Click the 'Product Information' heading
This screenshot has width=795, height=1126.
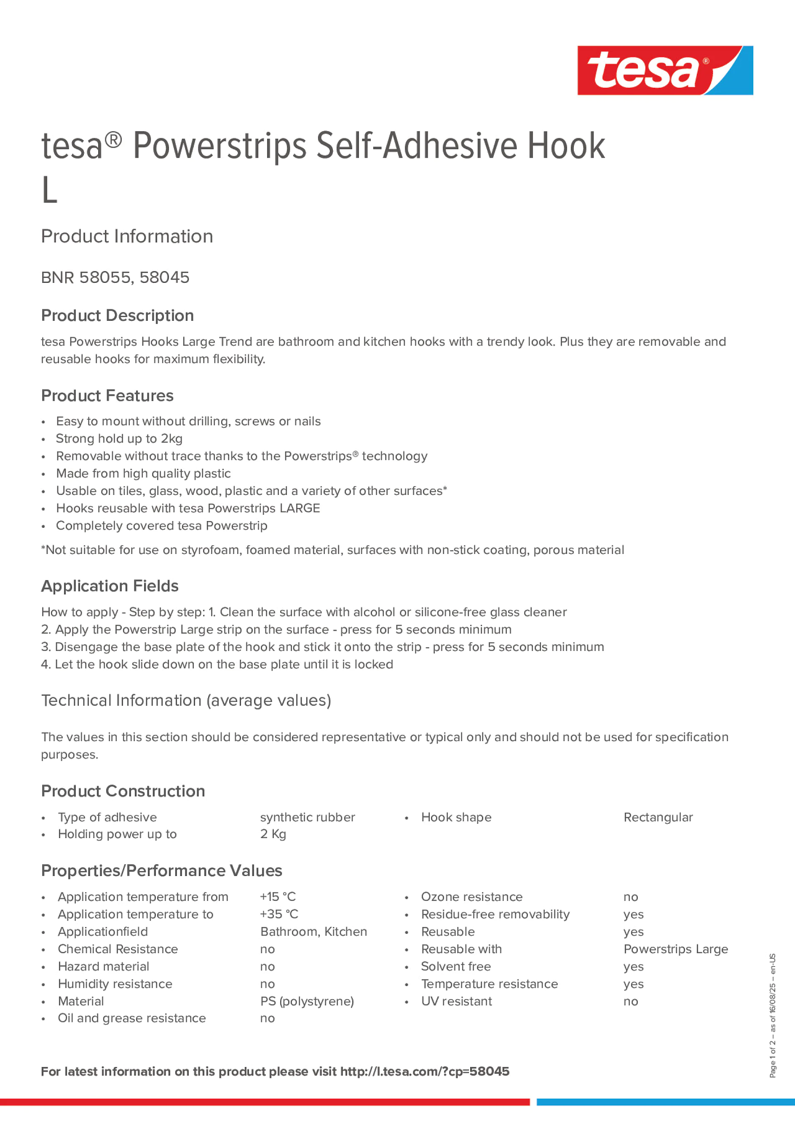[127, 236]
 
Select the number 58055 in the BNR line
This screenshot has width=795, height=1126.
[105, 277]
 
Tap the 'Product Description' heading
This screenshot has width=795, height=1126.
[117, 315]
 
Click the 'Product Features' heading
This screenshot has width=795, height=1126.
[107, 396]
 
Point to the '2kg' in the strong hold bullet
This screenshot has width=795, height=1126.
[171, 439]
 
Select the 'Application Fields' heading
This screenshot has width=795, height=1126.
[110, 586]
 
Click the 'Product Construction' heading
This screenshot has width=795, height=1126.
[123, 791]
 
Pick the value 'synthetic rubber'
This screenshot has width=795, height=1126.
[307, 817]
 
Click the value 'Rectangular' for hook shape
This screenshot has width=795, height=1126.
[658, 817]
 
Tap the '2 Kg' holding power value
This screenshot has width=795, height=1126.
[273, 834]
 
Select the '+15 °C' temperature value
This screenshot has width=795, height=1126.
[278, 897]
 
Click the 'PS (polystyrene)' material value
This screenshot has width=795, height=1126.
[307, 1002]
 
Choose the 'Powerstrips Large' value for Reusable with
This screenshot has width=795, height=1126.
[675, 949]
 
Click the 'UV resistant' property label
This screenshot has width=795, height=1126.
[456, 1002]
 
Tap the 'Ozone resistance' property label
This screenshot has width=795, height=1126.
[471, 897]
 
